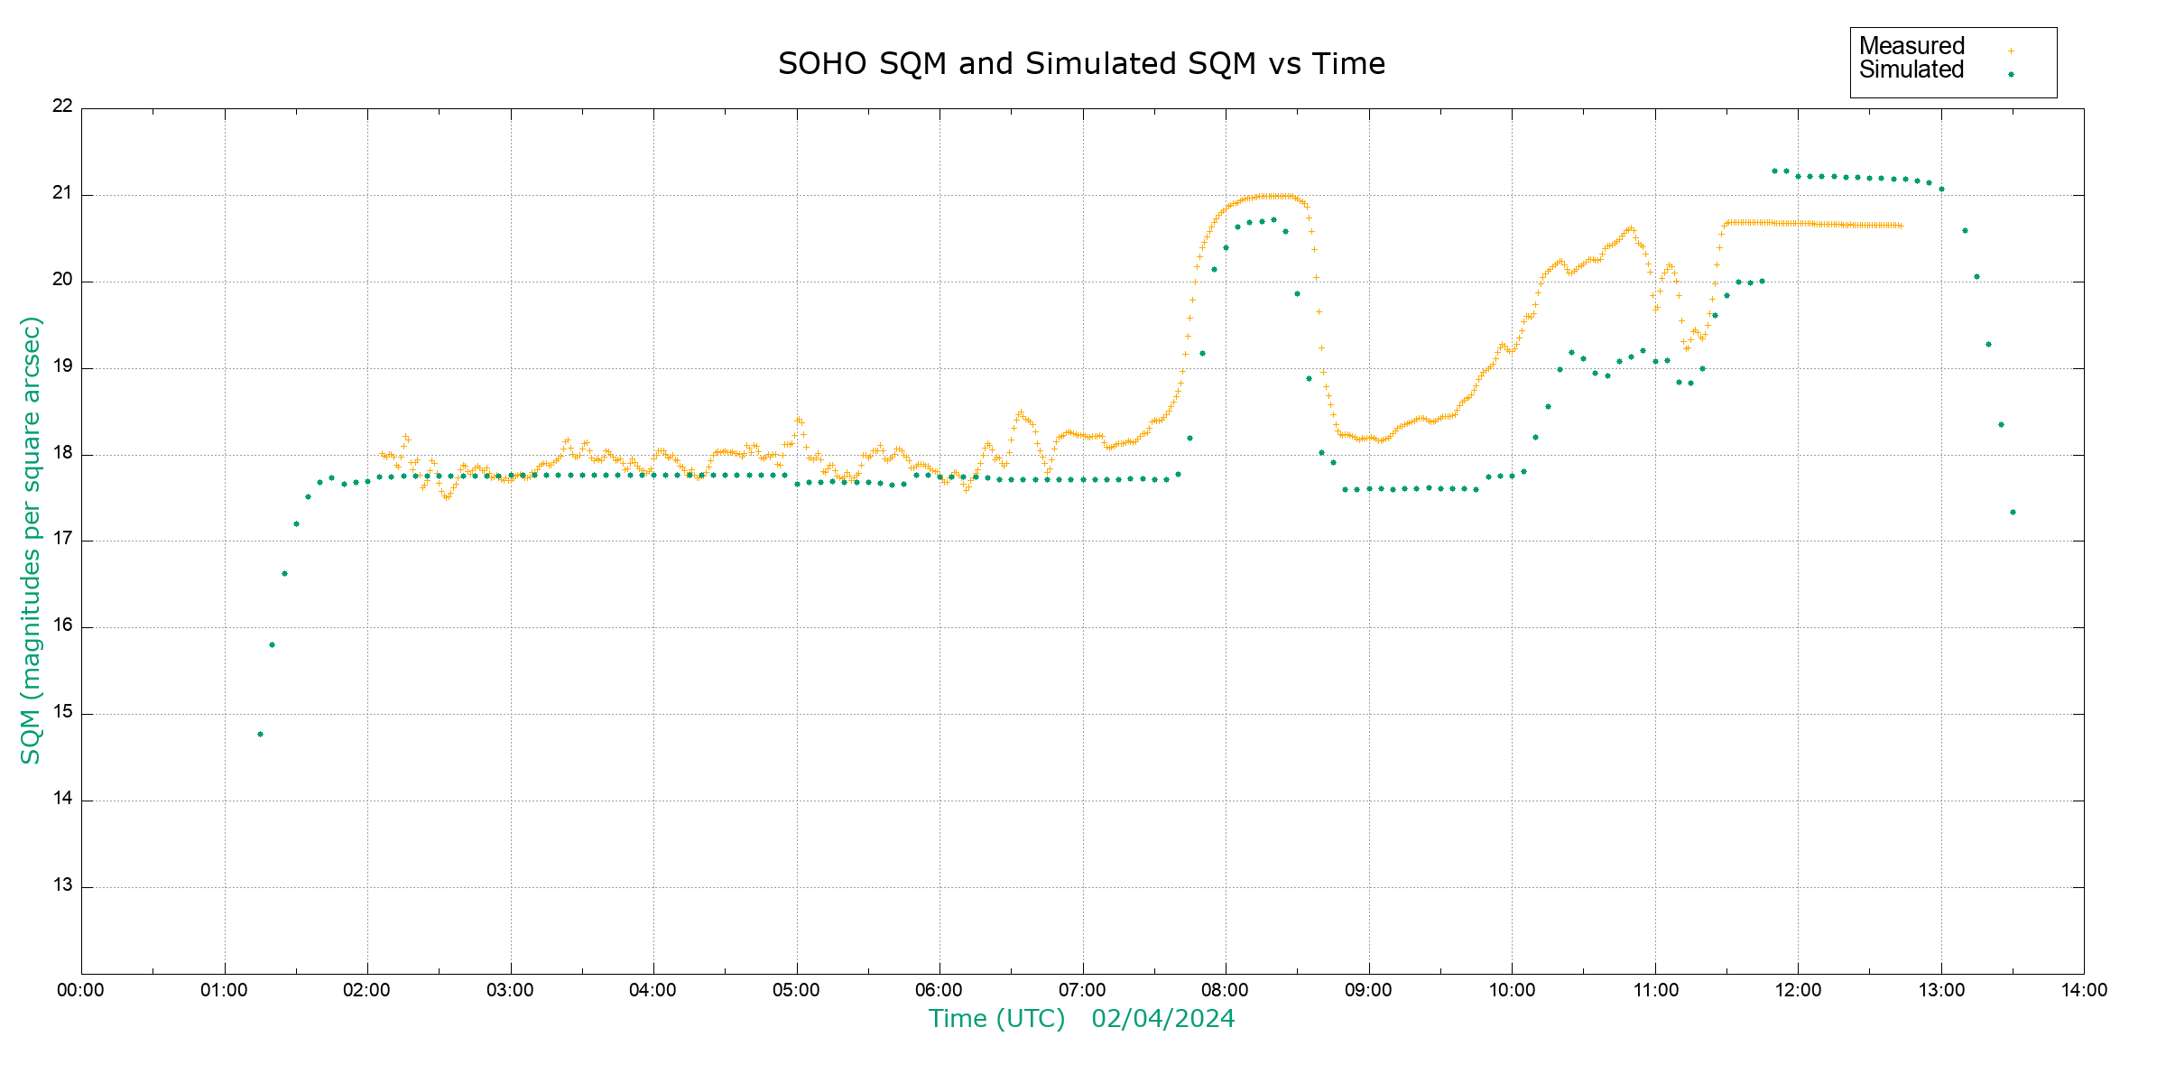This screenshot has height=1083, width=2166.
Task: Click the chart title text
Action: click(1081, 64)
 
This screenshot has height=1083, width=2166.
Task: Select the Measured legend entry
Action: click(1911, 46)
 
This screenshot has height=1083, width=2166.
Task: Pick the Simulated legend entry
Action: click(1911, 70)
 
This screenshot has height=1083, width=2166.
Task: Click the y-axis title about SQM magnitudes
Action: click(31, 540)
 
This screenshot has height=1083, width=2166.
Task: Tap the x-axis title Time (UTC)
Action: click(996, 1019)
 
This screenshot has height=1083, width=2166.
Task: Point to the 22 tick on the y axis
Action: click(62, 106)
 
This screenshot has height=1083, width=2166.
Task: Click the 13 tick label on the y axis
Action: click(62, 885)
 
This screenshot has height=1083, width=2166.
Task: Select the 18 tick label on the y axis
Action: click(62, 453)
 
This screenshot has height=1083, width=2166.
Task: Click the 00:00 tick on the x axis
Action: click(81, 990)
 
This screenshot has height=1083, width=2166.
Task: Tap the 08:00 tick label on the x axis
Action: click(1226, 990)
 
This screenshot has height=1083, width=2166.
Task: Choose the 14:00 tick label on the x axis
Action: click(2084, 990)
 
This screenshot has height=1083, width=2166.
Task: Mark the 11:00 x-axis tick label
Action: click(1655, 990)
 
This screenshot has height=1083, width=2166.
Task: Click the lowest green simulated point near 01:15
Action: click(260, 735)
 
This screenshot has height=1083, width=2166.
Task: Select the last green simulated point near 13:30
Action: click(2013, 513)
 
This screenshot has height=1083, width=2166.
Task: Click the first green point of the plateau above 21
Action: click(1774, 171)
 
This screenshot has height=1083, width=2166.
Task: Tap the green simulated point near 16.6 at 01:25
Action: click(284, 574)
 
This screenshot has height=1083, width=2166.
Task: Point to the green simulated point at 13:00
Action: click(1941, 190)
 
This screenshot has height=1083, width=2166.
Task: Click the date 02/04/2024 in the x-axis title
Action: click(1162, 1019)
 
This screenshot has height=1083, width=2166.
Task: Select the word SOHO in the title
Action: click(821, 64)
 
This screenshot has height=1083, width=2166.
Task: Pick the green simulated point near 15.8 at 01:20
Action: click(272, 645)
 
